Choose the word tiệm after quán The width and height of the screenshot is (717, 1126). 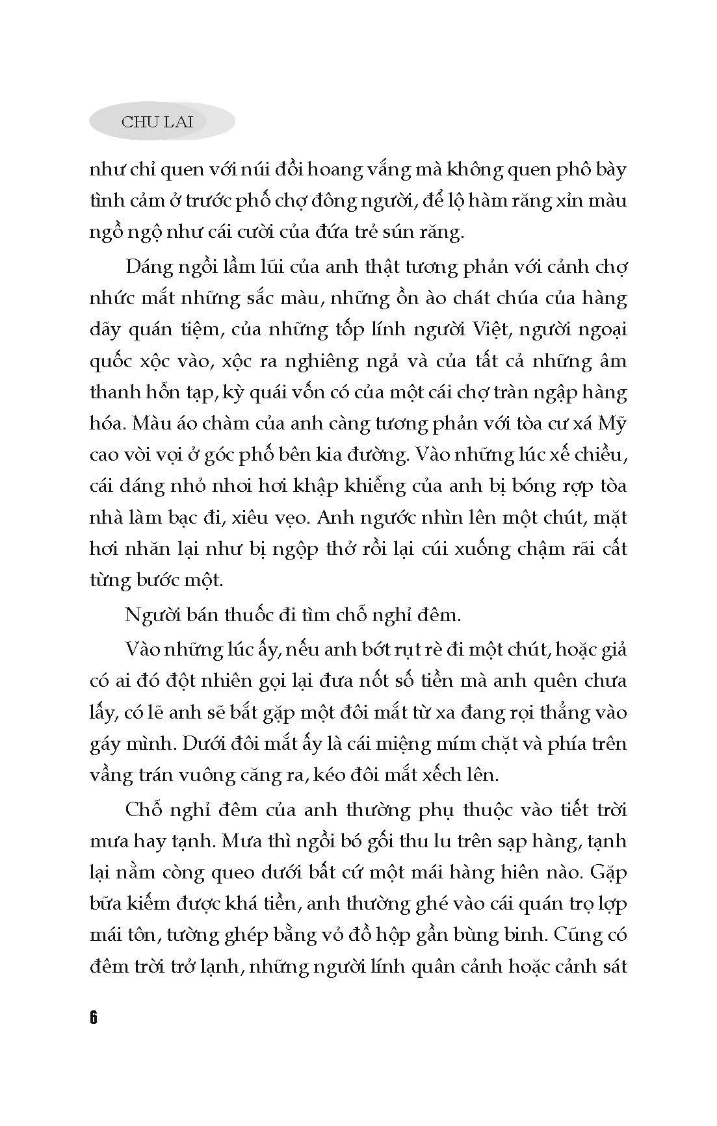tap(200, 329)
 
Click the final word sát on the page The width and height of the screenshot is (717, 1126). tap(612, 966)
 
